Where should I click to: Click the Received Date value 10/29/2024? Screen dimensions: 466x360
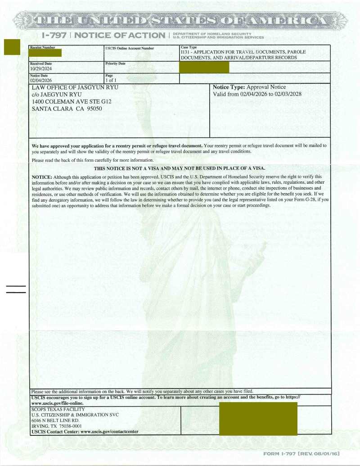[40, 69]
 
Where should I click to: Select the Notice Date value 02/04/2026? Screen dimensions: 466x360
[40, 80]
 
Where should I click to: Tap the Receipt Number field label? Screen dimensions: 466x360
[42, 47]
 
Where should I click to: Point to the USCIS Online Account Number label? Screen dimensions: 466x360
[129, 48]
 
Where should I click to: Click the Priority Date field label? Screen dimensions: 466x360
[115, 64]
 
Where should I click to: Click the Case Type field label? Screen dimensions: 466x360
[189, 47]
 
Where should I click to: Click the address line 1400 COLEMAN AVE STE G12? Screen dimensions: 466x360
[71, 102]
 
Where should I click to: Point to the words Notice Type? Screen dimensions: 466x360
[229, 87]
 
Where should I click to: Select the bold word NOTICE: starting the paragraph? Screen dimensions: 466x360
[42, 176]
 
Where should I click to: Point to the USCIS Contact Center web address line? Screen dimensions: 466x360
[85, 432]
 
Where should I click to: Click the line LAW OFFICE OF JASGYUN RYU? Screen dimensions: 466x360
[75, 87]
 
